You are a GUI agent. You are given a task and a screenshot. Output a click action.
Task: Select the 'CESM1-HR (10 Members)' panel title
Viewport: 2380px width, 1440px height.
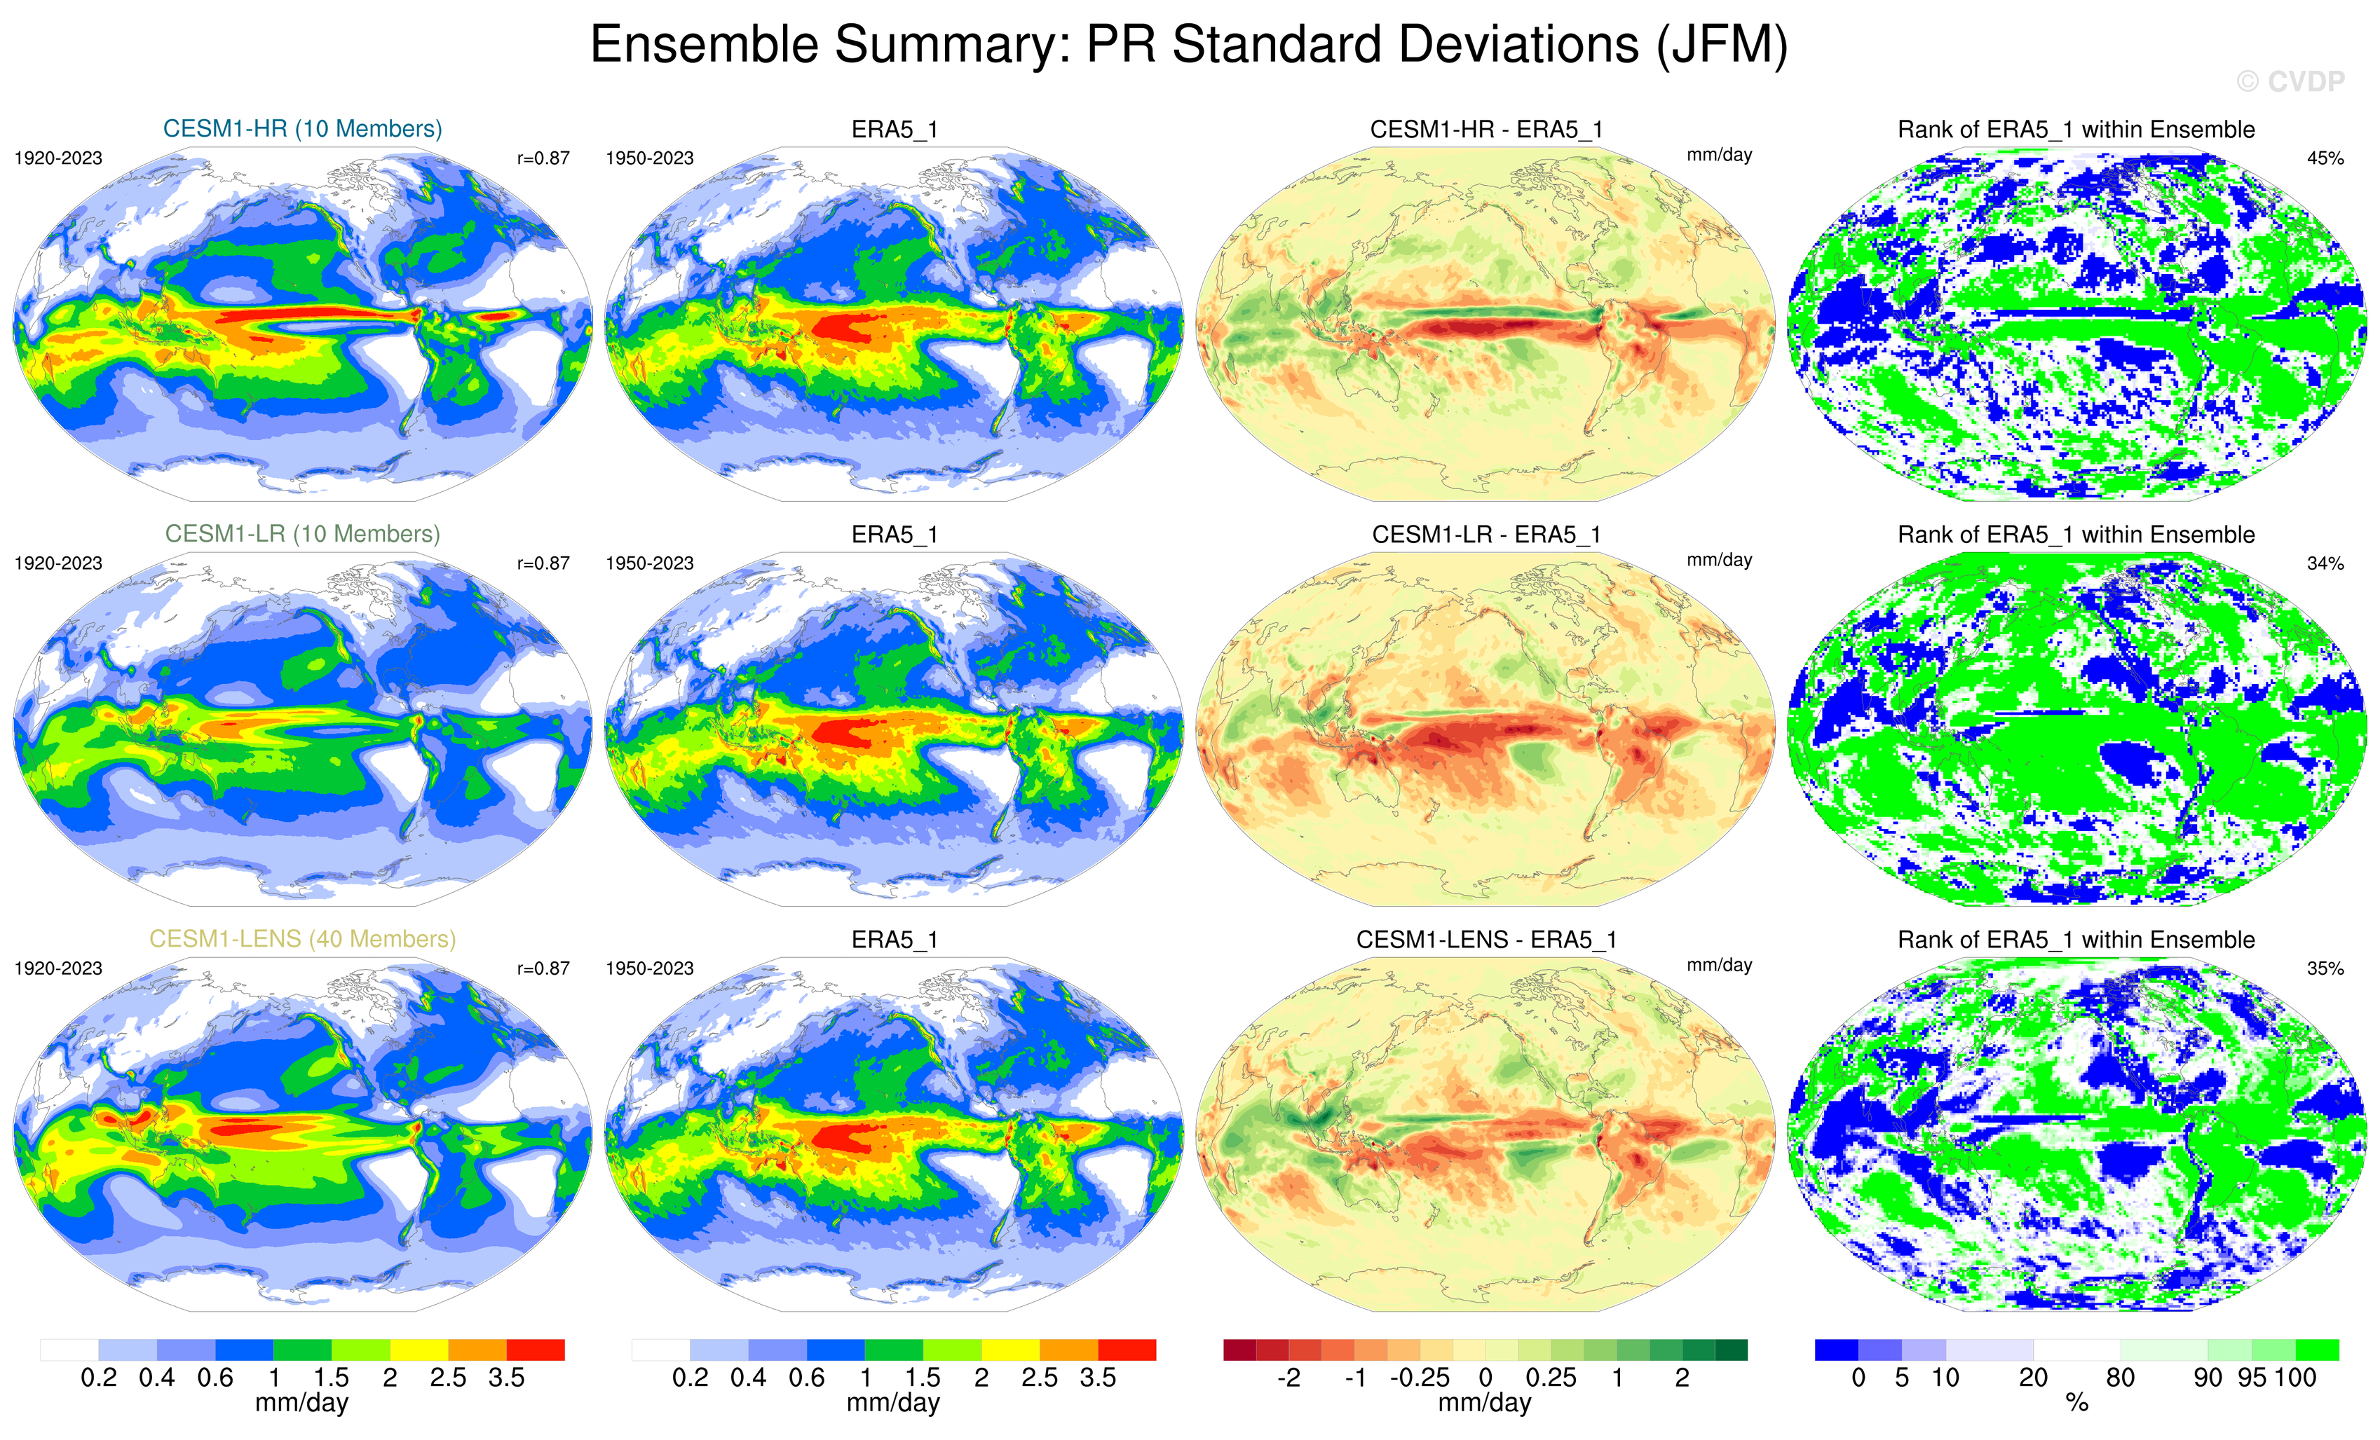[302, 128]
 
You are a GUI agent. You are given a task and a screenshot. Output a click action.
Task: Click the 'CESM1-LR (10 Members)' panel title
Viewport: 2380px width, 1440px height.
[302, 534]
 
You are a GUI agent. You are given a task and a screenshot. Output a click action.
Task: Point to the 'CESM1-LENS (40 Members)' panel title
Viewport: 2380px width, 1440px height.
[302, 939]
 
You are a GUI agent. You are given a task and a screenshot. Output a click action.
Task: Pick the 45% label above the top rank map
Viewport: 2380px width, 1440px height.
[2325, 158]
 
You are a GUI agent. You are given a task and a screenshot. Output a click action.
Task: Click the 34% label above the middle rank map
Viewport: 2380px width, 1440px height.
[2325, 563]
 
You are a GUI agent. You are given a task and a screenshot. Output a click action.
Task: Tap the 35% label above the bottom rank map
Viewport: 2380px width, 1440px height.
[2325, 968]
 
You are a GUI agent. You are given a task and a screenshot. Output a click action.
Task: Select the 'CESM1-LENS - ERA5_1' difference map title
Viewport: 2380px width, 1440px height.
[1485, 940]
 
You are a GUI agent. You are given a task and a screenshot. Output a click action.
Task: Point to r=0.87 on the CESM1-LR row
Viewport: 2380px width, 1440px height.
[543, 563]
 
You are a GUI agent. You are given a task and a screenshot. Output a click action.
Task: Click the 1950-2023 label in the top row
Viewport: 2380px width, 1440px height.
[649, 158]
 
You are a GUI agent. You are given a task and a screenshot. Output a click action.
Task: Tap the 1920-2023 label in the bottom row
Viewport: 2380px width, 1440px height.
[58, 968]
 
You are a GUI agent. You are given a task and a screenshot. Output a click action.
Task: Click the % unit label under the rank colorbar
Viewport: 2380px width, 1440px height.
[2076, 1404]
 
